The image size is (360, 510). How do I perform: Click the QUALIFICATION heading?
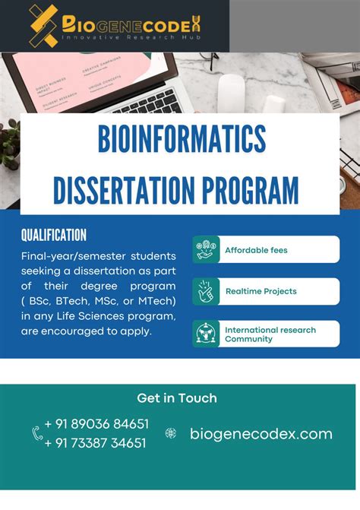(53, 236)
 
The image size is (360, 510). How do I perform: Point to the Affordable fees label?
(256, 250)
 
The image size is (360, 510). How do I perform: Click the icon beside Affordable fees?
(206, 249)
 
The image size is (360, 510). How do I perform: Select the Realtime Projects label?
(261, 291)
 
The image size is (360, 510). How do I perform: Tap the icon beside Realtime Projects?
(206, 291)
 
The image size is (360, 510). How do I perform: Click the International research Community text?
(270, 334)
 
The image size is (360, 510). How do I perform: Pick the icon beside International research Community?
(206, 334)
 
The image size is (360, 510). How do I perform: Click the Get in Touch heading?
(177, 398)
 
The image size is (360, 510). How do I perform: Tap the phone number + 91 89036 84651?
(96, 423)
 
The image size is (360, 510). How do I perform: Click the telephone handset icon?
(36, 433)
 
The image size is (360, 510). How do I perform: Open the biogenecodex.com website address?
(261, 434)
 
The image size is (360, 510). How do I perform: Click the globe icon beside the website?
(171, 434)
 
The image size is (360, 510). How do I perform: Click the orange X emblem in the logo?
(43, 25)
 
